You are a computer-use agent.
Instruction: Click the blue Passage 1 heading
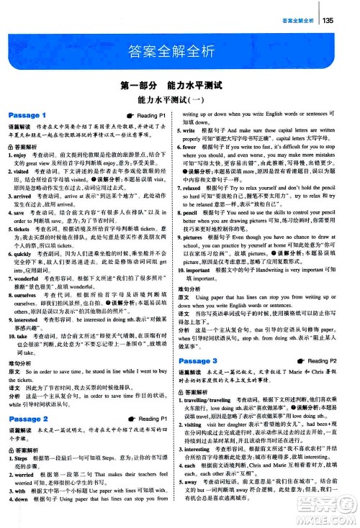(26, 115)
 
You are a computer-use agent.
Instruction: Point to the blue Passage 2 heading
(26, 419)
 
